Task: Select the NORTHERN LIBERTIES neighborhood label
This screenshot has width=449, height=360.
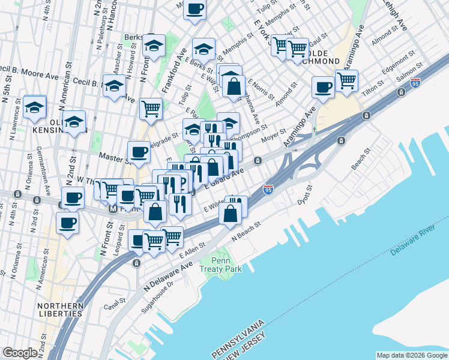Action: tap(60, 309)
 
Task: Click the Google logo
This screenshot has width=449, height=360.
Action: tap(20, 353)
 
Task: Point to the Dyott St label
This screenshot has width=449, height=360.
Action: tap(305, 197)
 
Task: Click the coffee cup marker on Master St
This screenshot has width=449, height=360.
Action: tap(139, 152)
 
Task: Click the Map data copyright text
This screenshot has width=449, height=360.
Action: tap(411, 355)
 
